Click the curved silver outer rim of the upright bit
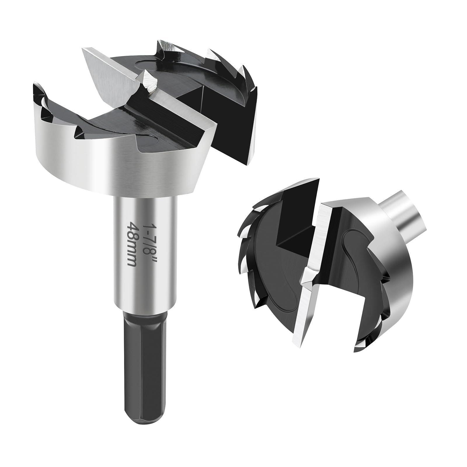pyautogui.click(x=117, y=172)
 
